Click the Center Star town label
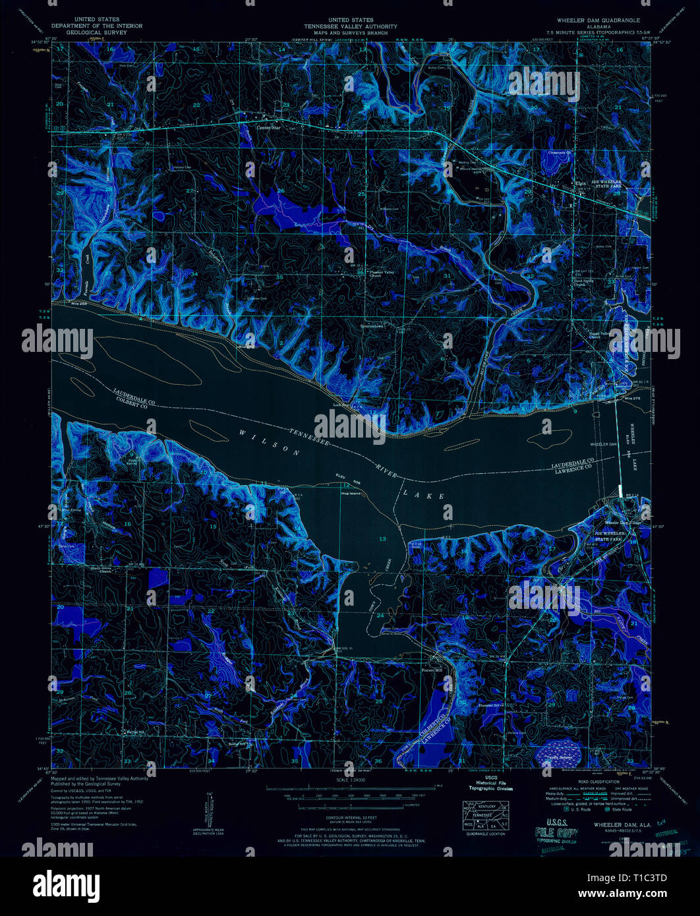coord(268,128)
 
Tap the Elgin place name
coord(581,183)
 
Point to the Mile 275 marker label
coord(631,399)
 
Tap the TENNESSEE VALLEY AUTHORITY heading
coord(350,26)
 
